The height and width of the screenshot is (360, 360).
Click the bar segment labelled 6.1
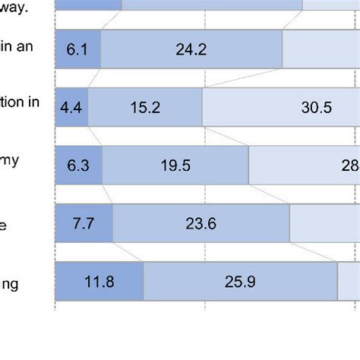point(78,49)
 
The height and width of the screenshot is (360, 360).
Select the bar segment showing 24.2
point(191,49)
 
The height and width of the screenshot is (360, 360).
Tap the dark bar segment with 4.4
point(72,107)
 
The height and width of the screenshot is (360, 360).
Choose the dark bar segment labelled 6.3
point(79,166)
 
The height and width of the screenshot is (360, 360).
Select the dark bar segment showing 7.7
point(84,223)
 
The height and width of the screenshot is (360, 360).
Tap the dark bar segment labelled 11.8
point(99,281)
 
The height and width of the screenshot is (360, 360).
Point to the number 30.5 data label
point(316,108)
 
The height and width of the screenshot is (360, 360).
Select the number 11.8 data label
point(99,282)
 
